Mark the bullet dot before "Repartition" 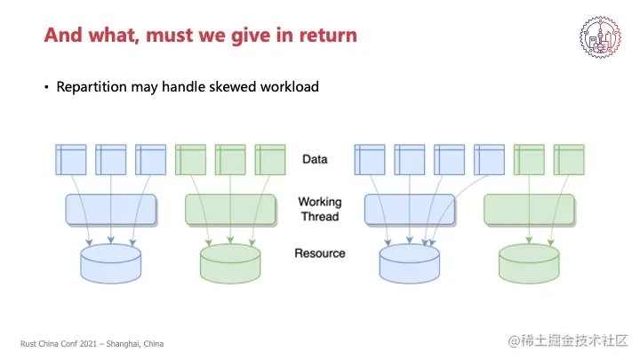point(47,88)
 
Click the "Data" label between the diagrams point(315,159)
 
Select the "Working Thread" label point(319,209)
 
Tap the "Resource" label point(319,253)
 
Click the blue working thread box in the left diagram point(111,210)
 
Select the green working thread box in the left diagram point(230,210)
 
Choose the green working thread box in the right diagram point(529,210)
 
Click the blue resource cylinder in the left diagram point(111,261)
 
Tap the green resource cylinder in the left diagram point(230,261)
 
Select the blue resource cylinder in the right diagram point(410,261)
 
